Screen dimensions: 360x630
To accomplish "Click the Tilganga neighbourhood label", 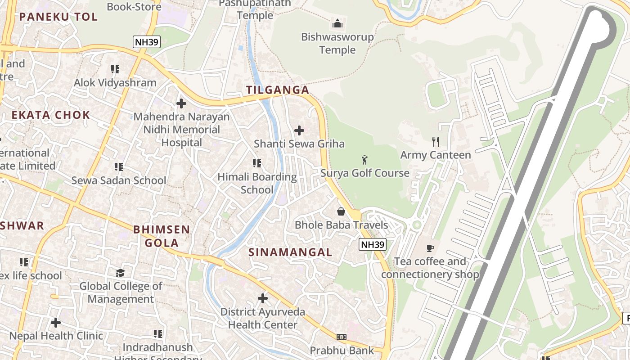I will click(x=278, y=90).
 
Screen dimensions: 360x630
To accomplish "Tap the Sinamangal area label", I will click(x=290, y=252).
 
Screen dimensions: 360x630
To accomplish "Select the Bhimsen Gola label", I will click(x=162, y=236).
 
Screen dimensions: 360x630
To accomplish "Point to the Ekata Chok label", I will click(x=51, y=115).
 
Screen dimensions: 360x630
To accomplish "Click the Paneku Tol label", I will click(x=58, y=17).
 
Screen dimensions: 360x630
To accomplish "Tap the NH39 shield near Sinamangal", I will click(x=373, y=244).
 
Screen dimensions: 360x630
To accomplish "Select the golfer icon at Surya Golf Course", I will click(x=364, y=160).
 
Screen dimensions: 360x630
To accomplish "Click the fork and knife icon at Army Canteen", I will click(x=435, y=142).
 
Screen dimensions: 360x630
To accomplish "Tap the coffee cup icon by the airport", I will click(x=430, y=247).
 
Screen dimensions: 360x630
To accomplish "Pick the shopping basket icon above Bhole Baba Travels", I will click(x=341, y=211).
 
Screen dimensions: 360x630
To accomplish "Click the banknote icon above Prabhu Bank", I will click(x=342, y=337).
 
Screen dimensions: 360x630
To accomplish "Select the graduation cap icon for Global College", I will click(x=120, y=273).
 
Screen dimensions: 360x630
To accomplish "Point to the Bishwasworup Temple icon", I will click(x=337, y=23).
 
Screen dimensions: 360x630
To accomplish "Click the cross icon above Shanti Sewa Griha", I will click(x=299, y=130).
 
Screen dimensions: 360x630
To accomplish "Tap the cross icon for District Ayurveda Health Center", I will click(x=263, y=298).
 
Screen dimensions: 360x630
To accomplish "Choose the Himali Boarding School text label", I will click(x=257, y=183).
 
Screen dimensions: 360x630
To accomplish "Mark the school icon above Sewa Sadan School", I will click(x=119, y=167).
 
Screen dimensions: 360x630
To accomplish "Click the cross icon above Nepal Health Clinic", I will click(x=56, y=323).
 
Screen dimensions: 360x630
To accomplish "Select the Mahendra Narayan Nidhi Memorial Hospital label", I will click(x=181, y=130).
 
